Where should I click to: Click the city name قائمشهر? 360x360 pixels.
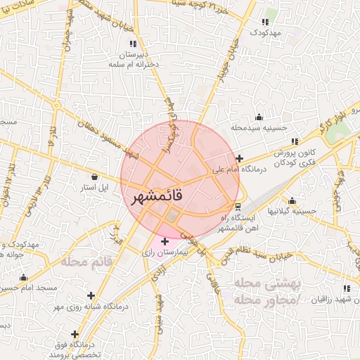157,197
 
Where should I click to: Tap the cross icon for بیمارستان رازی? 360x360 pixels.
165,241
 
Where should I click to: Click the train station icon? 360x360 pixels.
238,207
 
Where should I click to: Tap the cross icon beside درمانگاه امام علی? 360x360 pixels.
240,158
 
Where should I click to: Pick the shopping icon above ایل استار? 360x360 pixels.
94,176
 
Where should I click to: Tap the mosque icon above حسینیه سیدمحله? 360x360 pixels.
259,117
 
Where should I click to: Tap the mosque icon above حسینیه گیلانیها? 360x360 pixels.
292,200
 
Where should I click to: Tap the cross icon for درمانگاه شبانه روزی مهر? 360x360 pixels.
90,295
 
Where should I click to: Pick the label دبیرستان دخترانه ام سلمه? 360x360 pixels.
134,59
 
